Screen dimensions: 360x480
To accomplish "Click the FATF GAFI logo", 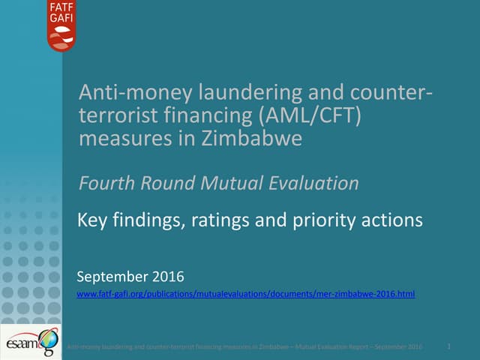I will [x=62, y=25].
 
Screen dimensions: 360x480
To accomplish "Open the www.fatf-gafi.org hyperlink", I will [x=246, y=294].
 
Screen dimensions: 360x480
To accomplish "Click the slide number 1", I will [x=448, y=346].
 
